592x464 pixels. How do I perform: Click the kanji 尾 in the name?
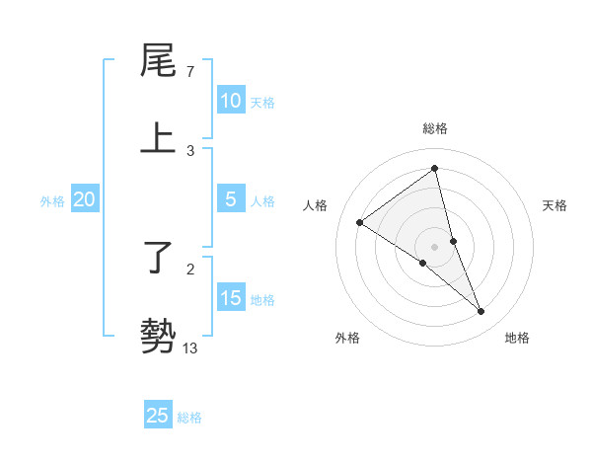click(x=158, y=61)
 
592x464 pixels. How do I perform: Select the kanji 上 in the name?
click(x=158, y=138)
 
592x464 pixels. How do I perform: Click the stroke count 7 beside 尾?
click(x=190, y=72)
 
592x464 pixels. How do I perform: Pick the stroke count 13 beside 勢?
click(x=190, y=348)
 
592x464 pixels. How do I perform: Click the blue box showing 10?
click(x=230, y=101)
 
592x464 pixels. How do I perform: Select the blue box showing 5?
click(x=230, y=199)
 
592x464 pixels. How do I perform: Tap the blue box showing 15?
click(x=230, y=298)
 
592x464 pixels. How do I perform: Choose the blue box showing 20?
click(x=84, y=199)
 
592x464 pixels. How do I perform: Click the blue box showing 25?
click(x=158, y=416)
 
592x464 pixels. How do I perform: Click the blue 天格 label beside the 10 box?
click(x=262, y=103)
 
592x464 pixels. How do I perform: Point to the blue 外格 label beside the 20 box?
click(x=52, y=201)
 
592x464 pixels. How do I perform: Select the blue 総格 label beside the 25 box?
click(x=189, y=418)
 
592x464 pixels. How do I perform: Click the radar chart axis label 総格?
click(x=434, y=128)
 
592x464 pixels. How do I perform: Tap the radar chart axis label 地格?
click(x=517, y=338)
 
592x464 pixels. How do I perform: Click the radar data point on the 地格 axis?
click(x=481, y=312)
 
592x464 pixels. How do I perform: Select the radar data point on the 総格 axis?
click(x=434, y=168)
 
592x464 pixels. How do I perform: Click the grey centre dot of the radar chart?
click(x=434, y=246)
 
